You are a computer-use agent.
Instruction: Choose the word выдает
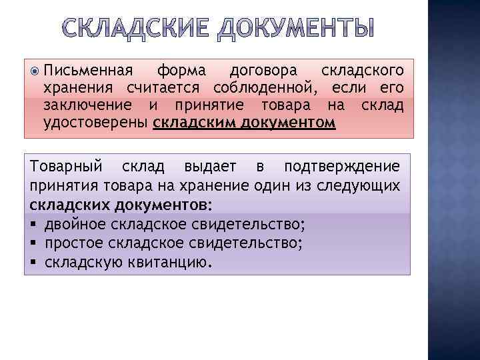202,165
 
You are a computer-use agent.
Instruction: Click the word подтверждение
342,165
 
